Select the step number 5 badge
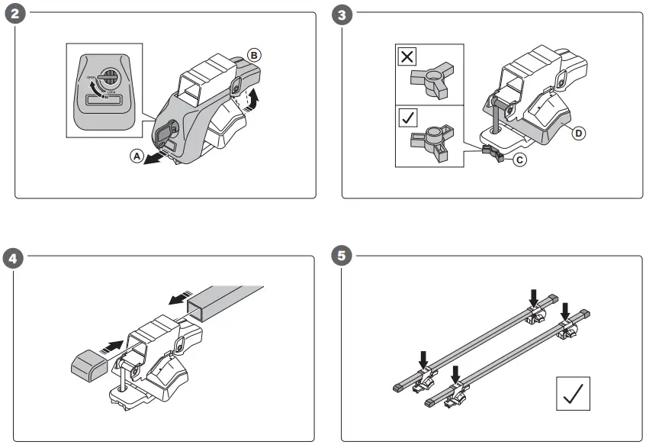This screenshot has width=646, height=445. [x=344, y=256]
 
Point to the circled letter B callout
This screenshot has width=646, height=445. [x=254, y=54]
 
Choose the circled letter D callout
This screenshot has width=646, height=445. [x=579, y=133]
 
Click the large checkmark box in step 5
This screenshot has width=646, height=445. [x=574, y=395]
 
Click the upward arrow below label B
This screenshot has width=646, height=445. [x=255, y=95]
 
